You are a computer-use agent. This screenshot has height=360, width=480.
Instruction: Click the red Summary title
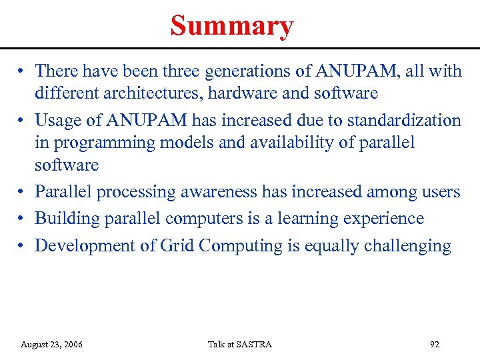pyautogui.click(x=231, y=26)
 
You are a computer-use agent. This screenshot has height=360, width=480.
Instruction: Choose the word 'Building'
pyautogui.click(x=66, y=219)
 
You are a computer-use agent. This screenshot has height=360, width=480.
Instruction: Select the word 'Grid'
pyautogui.click(x=177, y=245)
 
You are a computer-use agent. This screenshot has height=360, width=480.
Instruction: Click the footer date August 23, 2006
pyautogui.click(x=51, y=345)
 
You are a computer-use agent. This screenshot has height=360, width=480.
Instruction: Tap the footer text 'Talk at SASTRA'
pyautogui.click(x=240, y=345)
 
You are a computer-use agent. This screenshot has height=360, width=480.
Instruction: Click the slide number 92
pyautogui.click(x=435, y=345)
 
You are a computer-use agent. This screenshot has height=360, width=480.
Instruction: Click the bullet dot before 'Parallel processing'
pyautogui.click(x=22, y=193)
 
